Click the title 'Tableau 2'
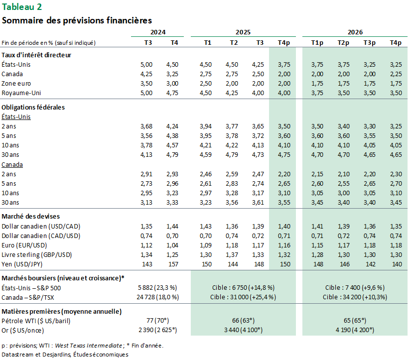click(x=22, y=6)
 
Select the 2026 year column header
click(x=355, y=32)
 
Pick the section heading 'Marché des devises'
click(x=31, y=217)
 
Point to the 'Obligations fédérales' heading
click(x=33, y=107)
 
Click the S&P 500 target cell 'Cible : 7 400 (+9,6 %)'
click(x=355, y=287)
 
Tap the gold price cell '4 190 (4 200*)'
click(x=355, y=330)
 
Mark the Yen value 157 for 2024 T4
click(x=173, y=264)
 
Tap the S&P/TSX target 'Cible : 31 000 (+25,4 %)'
click(x=243, y=297)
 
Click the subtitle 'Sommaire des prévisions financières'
click(x=77, y=20)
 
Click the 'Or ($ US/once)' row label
click(x=23, y=330)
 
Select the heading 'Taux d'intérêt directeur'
click(x=36, y=55)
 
